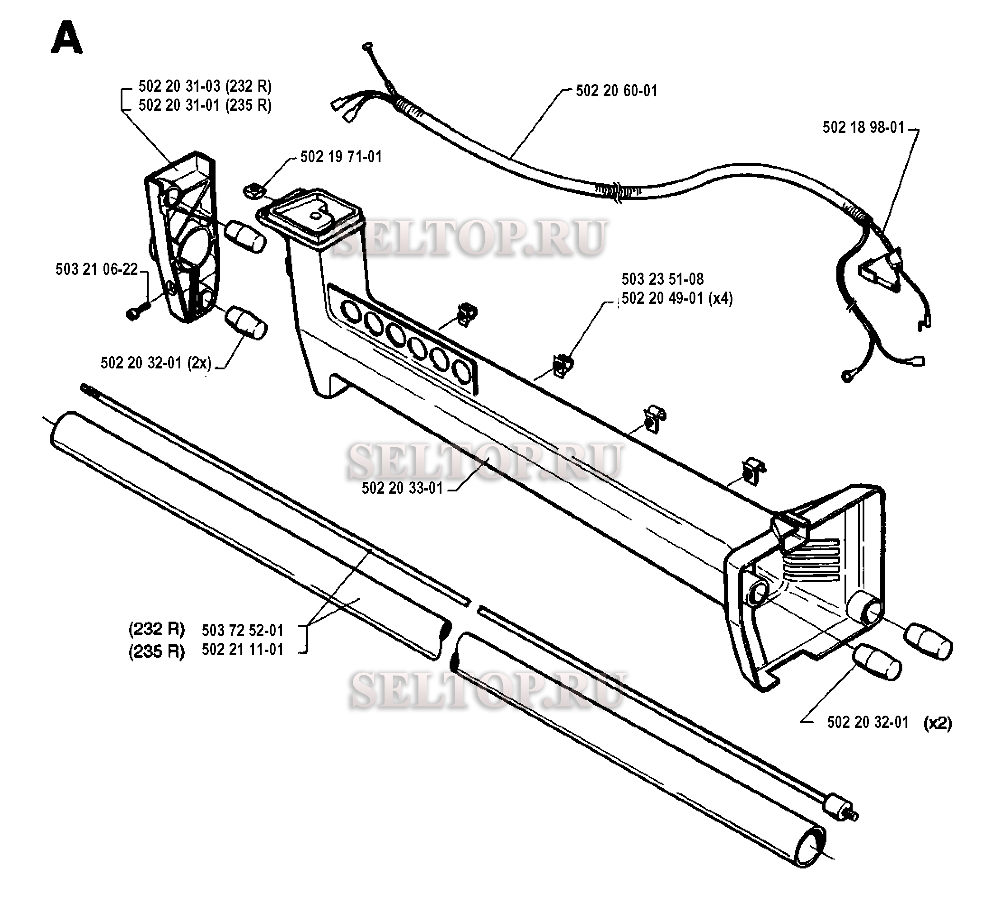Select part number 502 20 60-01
click(x=616, y=91)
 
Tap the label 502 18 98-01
click(x=863, y=128)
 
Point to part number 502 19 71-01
click(x=341, y=157)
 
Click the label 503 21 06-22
click(x=97, y=269)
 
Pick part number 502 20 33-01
click(x=402, y=488)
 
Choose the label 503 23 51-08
click(x=662, y=279)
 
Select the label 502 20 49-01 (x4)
click(x=677, y=298)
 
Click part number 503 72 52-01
click(x=243, y=630)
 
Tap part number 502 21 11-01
click(x=243, y=650)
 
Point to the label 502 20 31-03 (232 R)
click(x=205, y=86)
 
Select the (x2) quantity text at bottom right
click(x=938, y=723)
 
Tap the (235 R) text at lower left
click(x=157, y=651)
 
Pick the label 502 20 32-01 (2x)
click(x=156, y=363)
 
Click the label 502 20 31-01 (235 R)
click(x=205, y=105)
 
